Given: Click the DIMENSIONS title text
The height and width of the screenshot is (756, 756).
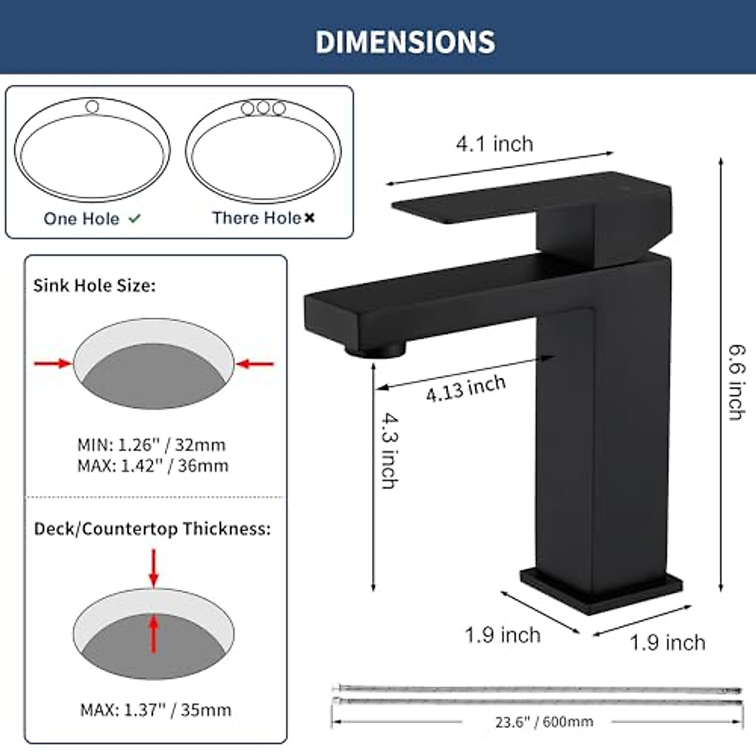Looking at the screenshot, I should tap(405, 42).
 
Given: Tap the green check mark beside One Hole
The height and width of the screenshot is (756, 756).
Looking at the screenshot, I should tap(135, 219).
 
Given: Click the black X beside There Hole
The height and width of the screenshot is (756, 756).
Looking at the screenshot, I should tap(309, 218).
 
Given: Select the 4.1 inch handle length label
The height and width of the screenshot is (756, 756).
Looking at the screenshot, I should tap(495, 144).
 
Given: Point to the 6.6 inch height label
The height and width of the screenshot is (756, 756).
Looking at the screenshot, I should tap(736, 382).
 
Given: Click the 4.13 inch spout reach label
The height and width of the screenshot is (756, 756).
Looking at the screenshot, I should tap(466, 387).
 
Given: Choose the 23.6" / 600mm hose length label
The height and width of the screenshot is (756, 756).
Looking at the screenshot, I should tap(544, 721).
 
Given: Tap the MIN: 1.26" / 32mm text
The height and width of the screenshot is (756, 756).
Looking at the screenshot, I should tap(151, 445).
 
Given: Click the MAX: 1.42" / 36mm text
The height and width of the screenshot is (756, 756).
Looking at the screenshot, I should tap(152, 466).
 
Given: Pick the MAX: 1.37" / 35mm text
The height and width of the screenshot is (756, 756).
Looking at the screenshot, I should tap(156, 710).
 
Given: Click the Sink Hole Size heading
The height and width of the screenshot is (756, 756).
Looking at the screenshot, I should tap(94, 285).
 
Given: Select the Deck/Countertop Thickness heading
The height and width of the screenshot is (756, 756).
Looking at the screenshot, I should tap(152, 529).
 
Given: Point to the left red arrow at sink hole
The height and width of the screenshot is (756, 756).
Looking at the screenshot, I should tap(53, 363).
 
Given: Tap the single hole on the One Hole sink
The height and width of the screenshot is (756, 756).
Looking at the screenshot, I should tap(92, 106).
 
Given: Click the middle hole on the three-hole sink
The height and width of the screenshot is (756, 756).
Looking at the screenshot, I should tap(263, 108).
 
